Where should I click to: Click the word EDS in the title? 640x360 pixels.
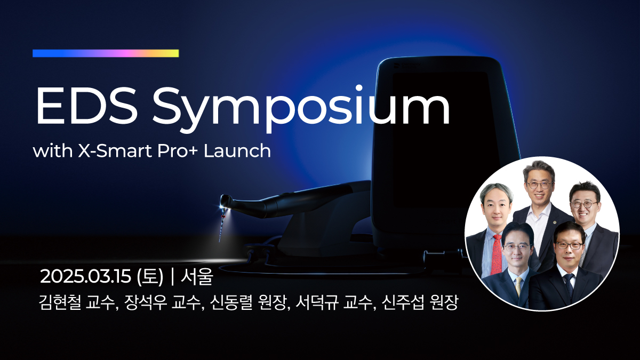pyautogui.click(x=85, y=106)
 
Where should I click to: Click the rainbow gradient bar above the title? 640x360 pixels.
pyautogui.click(x=106, y=53)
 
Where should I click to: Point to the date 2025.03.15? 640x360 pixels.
pyautogui.click(x=86, y=277)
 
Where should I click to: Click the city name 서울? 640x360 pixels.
pyautogui.click(x=197, y=277)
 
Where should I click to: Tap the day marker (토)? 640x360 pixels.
pyautogui.click(x=150, y=277)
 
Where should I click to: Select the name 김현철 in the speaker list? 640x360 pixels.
pyautogui.click(x=59, y=302)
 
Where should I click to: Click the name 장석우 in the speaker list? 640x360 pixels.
pyautogui.click(x=146, y=302)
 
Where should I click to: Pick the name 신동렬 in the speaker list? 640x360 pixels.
pyautogui.click(x=231, y=302)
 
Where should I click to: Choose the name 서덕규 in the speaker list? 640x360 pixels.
pyautogui.click(x=317, y=302)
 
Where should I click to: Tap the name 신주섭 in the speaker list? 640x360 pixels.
pyautogui.click(x=403, y=302)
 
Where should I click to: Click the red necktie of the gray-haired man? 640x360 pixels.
pyautogui.click(x=497, y=254)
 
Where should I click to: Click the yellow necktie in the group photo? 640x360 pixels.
pyautogui.click(x=518, y=286)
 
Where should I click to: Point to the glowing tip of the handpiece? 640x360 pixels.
pyautogui.click(x=223, y=206)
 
